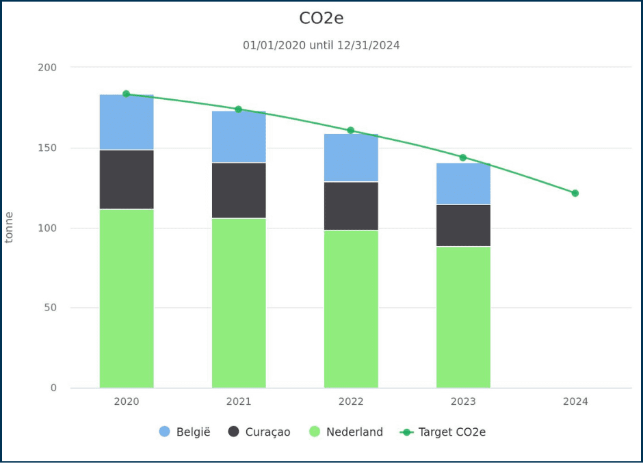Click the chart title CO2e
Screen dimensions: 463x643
321,18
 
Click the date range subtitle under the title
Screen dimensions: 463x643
321,45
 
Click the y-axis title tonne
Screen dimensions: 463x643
10,227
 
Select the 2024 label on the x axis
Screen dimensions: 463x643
575,401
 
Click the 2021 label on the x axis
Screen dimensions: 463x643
239,401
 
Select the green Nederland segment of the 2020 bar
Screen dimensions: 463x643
127,298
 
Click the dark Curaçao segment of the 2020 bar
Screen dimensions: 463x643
127,179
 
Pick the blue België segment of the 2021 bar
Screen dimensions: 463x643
239,137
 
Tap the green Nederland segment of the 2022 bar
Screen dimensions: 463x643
351,308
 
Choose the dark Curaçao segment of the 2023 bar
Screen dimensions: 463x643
463,225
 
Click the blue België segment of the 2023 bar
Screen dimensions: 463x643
463,184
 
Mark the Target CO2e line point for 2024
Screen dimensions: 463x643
575,193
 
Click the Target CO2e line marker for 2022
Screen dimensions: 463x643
351,130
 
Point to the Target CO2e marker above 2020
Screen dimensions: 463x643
127,94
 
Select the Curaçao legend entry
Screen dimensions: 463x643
259,432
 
